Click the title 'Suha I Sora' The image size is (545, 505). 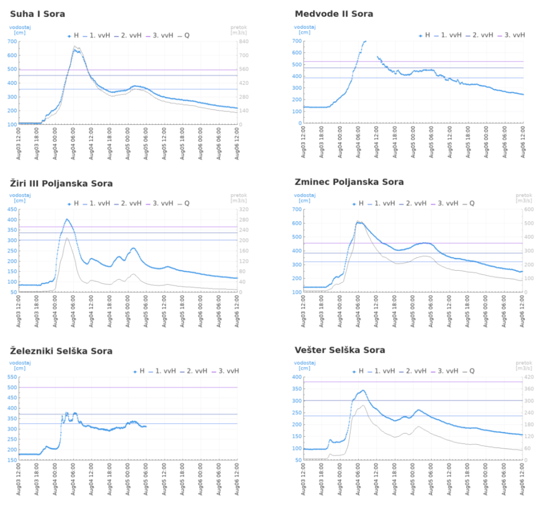(37, 14)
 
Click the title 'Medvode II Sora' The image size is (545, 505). (334, 14)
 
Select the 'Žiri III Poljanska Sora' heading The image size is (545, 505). (61, 183)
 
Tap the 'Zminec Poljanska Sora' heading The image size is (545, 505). (349, 182)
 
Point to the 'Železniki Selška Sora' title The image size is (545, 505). (61, 351)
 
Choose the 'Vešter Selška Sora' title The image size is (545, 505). (340, 350)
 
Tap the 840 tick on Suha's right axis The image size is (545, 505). (243, 41)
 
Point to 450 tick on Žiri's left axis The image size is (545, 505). (12, 209)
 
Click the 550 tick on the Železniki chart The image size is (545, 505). (12, 377)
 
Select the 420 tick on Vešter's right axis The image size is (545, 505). (529, 377)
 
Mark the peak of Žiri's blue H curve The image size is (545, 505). (67, 219)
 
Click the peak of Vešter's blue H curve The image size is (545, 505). (363, 390)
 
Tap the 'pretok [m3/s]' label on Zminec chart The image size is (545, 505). (523, 198)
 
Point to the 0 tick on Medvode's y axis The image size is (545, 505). (299, 123)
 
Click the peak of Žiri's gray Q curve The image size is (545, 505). (67, 238)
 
